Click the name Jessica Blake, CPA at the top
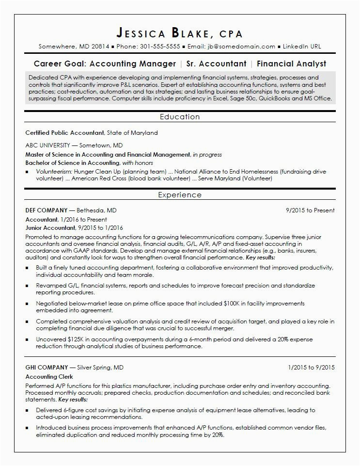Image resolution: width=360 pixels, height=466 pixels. [180, 33]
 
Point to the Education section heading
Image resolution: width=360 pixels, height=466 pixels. [180, 117]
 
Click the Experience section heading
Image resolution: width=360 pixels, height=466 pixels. [180, 195]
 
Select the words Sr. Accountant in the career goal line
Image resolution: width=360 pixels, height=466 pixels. [217, 64]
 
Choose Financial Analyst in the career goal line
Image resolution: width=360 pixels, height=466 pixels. [291, 64]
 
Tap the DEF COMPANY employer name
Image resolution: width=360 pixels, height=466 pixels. [47, 210]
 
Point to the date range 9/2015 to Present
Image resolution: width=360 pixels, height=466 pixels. [310, 210]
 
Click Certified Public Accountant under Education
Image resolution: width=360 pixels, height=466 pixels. [64, 132]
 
